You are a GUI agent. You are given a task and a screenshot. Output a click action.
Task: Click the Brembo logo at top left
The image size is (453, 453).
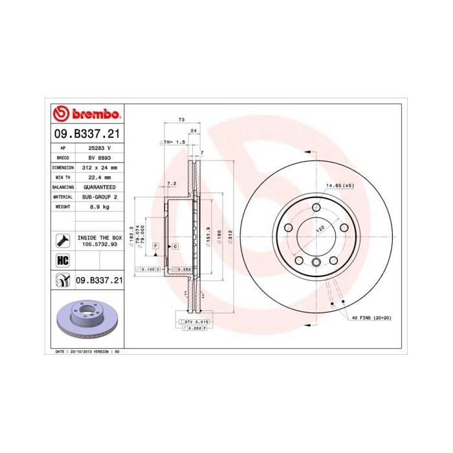(86, 115)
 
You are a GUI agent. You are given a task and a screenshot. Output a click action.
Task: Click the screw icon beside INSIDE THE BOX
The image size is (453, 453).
(61, 241)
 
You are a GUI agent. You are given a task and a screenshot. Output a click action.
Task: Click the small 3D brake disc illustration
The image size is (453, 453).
(84, 319)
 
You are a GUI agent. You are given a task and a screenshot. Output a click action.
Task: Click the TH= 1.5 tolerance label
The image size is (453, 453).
(173, 141)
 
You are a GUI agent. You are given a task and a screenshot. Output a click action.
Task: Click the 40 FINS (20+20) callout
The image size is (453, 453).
(371, 319)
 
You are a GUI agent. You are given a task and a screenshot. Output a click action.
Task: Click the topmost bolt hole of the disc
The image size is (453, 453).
(316, 207)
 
